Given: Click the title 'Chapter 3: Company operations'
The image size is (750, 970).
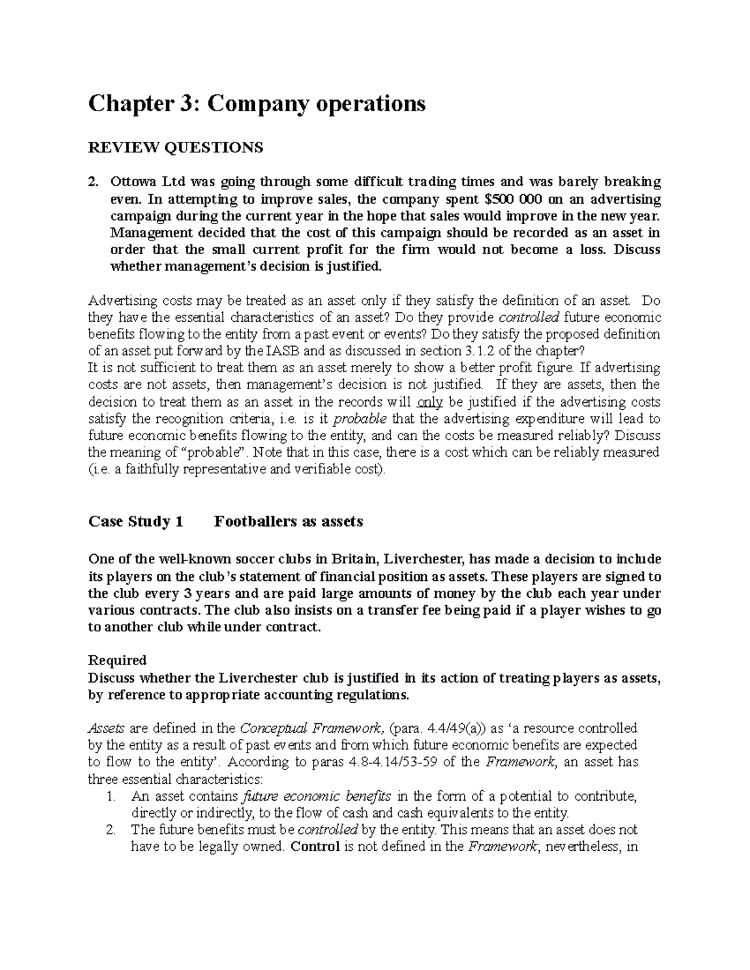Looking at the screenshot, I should click(257, 104).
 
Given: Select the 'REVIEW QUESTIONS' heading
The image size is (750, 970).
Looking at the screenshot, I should click(176, 147).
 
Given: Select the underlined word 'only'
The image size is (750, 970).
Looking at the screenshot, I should click(429, 402).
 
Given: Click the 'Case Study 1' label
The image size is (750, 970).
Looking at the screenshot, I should click(136, 522).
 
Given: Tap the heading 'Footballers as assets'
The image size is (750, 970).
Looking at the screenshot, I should click(288, 522).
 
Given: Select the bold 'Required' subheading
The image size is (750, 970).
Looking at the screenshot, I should click(117, 660).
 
